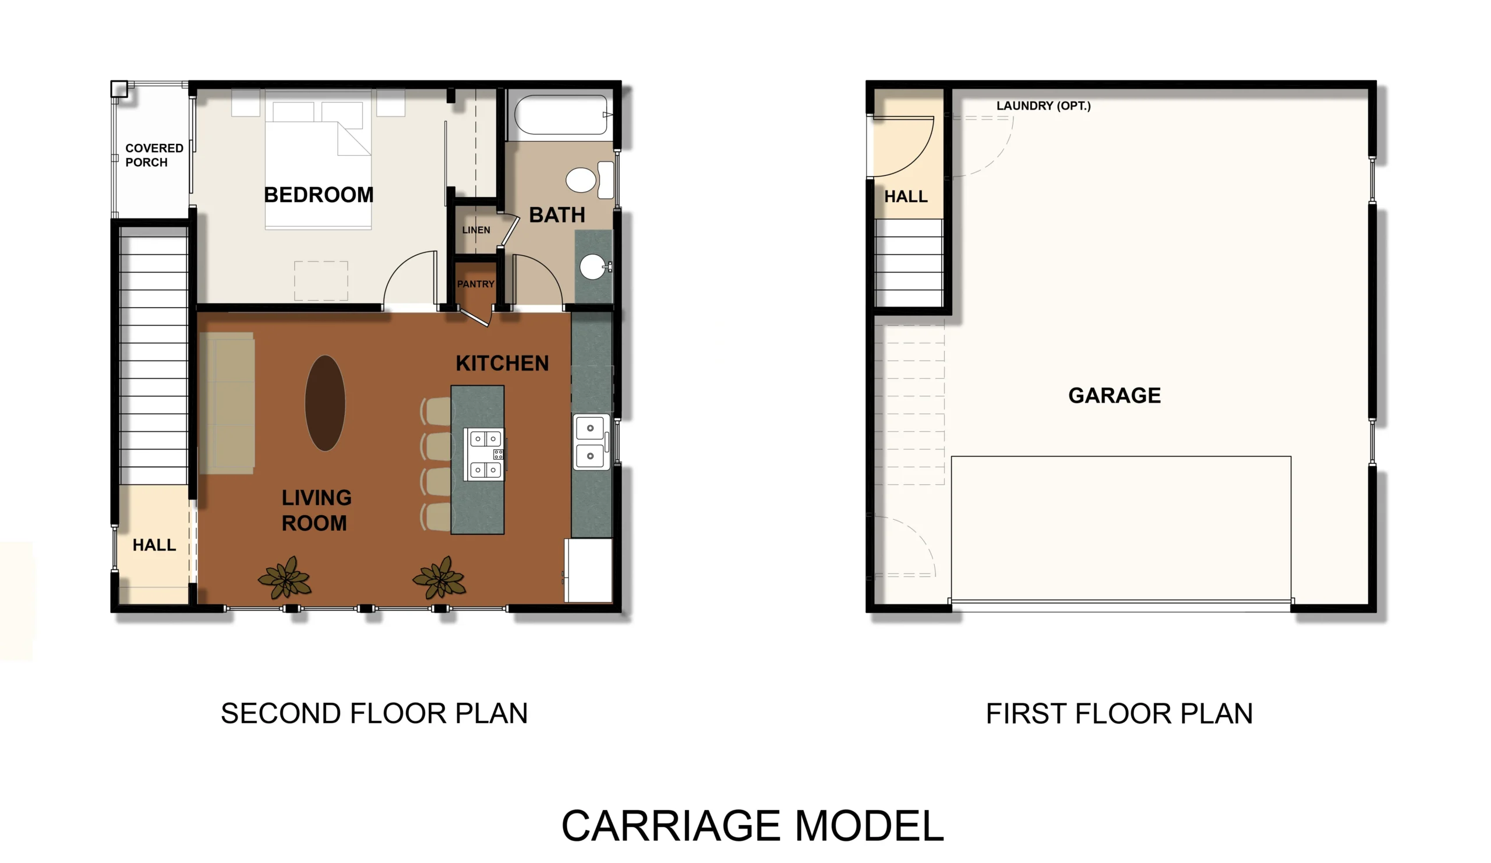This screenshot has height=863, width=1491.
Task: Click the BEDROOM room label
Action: click(319, 195)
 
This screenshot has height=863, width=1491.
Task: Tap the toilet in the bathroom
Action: click(589, 179)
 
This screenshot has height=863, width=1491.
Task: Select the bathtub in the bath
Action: click(563, 115)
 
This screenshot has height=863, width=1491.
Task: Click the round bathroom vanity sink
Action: click(592, 267)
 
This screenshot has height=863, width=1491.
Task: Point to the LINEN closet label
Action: click(476, 230)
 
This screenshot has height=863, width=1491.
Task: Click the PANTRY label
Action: click(475, 284)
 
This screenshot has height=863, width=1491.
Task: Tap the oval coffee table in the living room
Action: click(325, 403)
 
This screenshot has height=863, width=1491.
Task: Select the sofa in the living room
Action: click(227, 403)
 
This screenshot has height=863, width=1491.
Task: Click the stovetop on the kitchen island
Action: click(485, 454)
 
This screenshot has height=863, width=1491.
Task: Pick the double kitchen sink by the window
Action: click(591, 442)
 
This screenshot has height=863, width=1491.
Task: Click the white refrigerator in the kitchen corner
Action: click(588, 569)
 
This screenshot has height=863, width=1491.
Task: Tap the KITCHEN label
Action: click(501, 363)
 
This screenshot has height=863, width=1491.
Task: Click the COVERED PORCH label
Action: click(154, 155)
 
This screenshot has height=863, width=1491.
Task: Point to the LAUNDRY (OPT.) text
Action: click(1043, 106)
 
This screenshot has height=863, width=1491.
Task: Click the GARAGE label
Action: click(1114, 396)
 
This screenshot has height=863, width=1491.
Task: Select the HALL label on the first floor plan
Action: click(905, 196)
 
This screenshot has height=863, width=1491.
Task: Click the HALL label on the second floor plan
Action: click(154, 545)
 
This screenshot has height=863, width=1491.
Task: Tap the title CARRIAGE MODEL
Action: click(752, 826)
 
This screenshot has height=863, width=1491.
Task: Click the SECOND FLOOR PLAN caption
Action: click(374, 713)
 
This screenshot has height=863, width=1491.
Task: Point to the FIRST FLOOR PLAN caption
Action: click(1119, 713)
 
